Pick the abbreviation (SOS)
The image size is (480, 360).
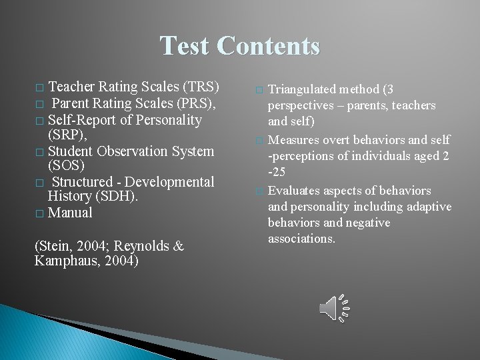point(66,165)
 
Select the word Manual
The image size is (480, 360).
point(70,213)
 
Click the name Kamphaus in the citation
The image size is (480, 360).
point(68,261)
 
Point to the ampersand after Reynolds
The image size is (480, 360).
point(178,246)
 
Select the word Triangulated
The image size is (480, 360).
point(302,89)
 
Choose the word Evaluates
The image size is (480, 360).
point(294,191)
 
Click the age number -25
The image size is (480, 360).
point(277,172)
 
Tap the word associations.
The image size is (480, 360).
point(301,238)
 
